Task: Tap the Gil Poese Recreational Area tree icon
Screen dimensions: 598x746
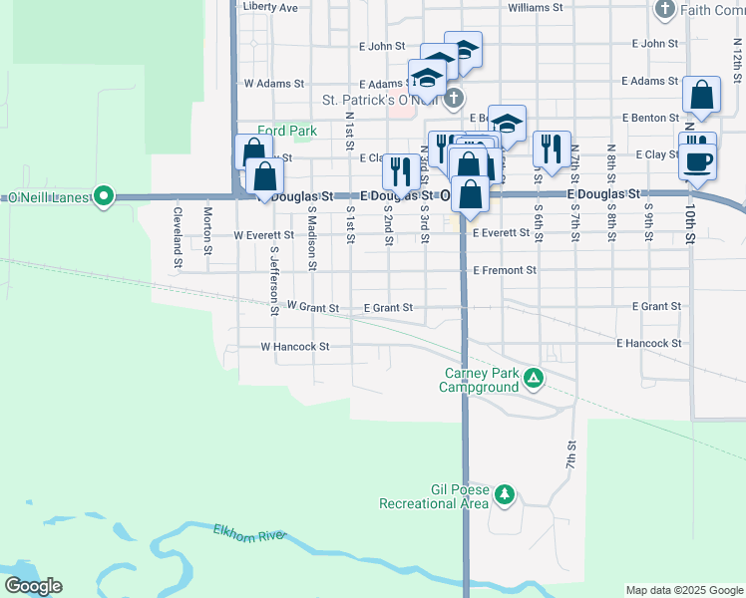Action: (x=506, y=493)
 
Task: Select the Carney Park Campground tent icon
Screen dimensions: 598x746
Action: (x=534, y=378)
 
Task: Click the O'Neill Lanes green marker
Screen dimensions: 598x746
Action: (x=103, y=196)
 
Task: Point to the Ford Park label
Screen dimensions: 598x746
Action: (x=286, y=131)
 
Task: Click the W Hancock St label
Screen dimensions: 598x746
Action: (x=294, y=347)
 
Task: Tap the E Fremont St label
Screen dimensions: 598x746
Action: (x=505, y=270)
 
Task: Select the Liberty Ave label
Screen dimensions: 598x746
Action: (x=270, y=7)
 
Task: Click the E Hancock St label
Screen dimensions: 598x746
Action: (x=648, y=343)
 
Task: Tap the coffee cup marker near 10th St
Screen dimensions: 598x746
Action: (x=697, y=159)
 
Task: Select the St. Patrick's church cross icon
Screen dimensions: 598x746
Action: (x=454, y=98)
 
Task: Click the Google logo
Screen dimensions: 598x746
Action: (x=33, y=586)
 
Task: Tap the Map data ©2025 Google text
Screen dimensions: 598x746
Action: (x=683, y=590)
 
